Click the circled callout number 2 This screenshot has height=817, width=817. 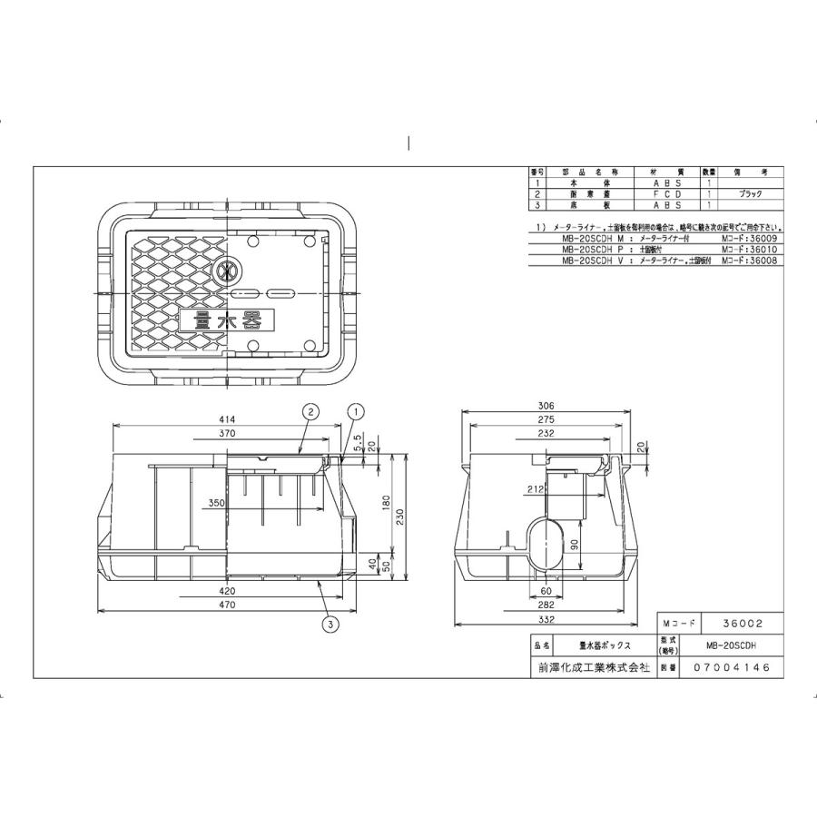click(310, 411)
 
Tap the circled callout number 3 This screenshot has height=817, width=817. click(330, 623)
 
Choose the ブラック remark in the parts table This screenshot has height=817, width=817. click(749, 194)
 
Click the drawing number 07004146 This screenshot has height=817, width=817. click(731, 666)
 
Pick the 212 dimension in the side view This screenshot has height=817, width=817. click(536, 489)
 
